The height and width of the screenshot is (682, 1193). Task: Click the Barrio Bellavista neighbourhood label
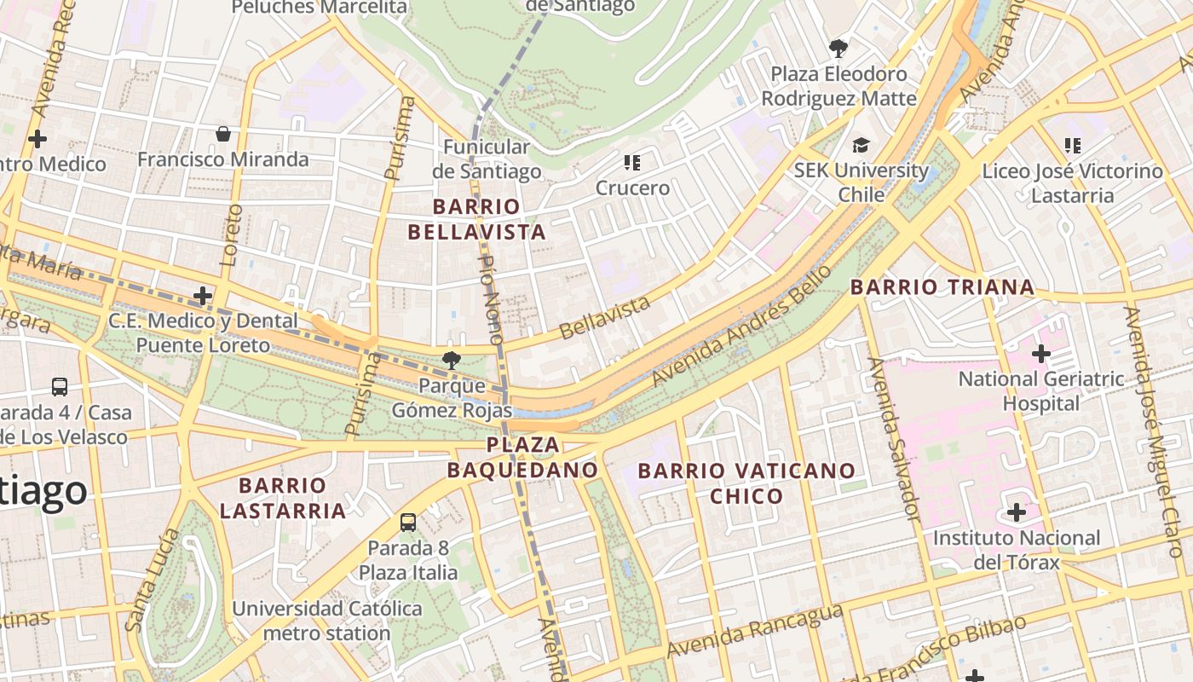tap(476, 219)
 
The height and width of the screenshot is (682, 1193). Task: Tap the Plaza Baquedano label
tap(523, 457)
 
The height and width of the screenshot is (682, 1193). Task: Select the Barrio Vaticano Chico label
tap(746, 483)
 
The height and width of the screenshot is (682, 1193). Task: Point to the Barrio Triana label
tap(942, 287)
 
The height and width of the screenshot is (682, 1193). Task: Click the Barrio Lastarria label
tap(283, 498)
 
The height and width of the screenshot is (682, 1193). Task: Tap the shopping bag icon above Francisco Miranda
tap(223, 134)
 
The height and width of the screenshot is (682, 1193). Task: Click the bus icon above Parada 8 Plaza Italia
tap(408, 522)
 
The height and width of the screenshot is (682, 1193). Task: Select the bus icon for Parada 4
tap(60, 386)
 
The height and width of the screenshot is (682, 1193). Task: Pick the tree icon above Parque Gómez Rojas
tap(451, 361)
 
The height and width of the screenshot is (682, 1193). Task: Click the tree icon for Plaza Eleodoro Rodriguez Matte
tap(839, 48)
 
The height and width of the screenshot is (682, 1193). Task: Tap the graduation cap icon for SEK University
tap(861, 145)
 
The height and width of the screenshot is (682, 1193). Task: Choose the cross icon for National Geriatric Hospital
tap(1040, 353)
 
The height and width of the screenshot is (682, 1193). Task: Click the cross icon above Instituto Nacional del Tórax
tap(1016, 512)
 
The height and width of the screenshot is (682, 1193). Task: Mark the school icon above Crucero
tap(631, 162)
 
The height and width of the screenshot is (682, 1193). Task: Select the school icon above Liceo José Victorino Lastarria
tap(1072, 146)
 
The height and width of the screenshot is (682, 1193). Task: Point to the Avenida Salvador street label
tap(894, 439)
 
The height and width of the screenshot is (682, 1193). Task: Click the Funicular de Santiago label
tap(487, 159)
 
